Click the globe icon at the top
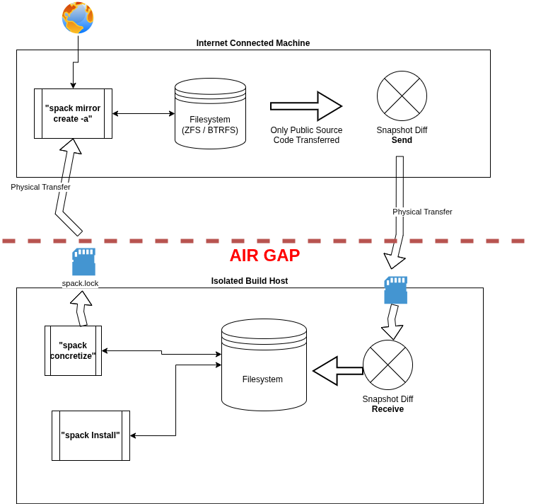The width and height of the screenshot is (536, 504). pos(78,18)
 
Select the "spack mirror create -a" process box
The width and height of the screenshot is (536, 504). pos(73,113)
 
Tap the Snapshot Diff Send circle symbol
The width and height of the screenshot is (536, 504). pos(402,96)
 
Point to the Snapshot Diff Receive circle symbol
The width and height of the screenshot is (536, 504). pos(388,365)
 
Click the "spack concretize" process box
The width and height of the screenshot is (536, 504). pos(73,350)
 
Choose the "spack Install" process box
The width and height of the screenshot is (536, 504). pos(91,435)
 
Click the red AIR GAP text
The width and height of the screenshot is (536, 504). pos(264,256)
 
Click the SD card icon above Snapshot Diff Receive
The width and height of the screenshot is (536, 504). pos(395,290)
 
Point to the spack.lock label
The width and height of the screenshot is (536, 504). pos(80,283)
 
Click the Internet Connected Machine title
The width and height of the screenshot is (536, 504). pos(253,43)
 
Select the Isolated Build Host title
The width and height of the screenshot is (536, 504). pos(250,281)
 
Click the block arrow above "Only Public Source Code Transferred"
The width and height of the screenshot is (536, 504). pos(306,106)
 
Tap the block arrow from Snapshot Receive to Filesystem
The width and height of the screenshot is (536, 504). pos(337,371)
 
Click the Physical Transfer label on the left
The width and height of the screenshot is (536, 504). pos(40,187)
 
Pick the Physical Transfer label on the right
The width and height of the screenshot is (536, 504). pos(422,212)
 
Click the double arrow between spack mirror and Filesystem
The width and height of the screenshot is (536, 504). pos(144,113)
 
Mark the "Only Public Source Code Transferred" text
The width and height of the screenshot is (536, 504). pos(306,135)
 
